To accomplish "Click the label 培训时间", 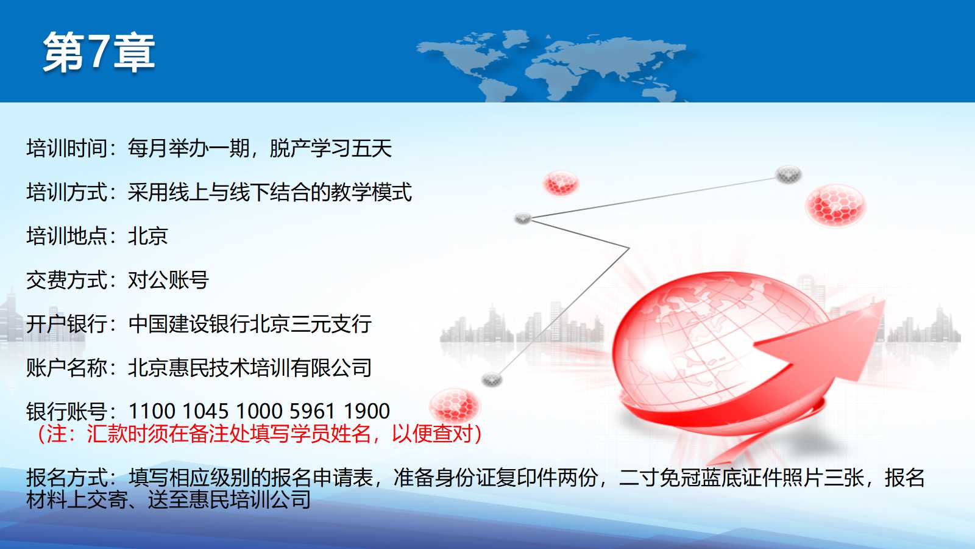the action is [66, 148].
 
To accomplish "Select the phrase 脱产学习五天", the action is [331, 148].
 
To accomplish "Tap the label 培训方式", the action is [66, 192].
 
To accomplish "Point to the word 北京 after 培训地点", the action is [148, 236].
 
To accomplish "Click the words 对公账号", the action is [168, 280].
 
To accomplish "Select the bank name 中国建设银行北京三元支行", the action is [250, 324].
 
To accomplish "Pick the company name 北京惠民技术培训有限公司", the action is [250, 368].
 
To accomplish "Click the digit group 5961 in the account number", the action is [312, 411].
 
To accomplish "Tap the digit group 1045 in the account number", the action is [205, 411].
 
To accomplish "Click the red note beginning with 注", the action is [260, 434].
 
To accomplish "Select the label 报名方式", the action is [66, 478].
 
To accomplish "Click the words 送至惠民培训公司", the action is [229, 500].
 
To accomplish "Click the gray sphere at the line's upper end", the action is [789, 174].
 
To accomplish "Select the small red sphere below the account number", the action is [454, 405].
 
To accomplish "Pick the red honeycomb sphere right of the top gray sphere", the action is [835, 206].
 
